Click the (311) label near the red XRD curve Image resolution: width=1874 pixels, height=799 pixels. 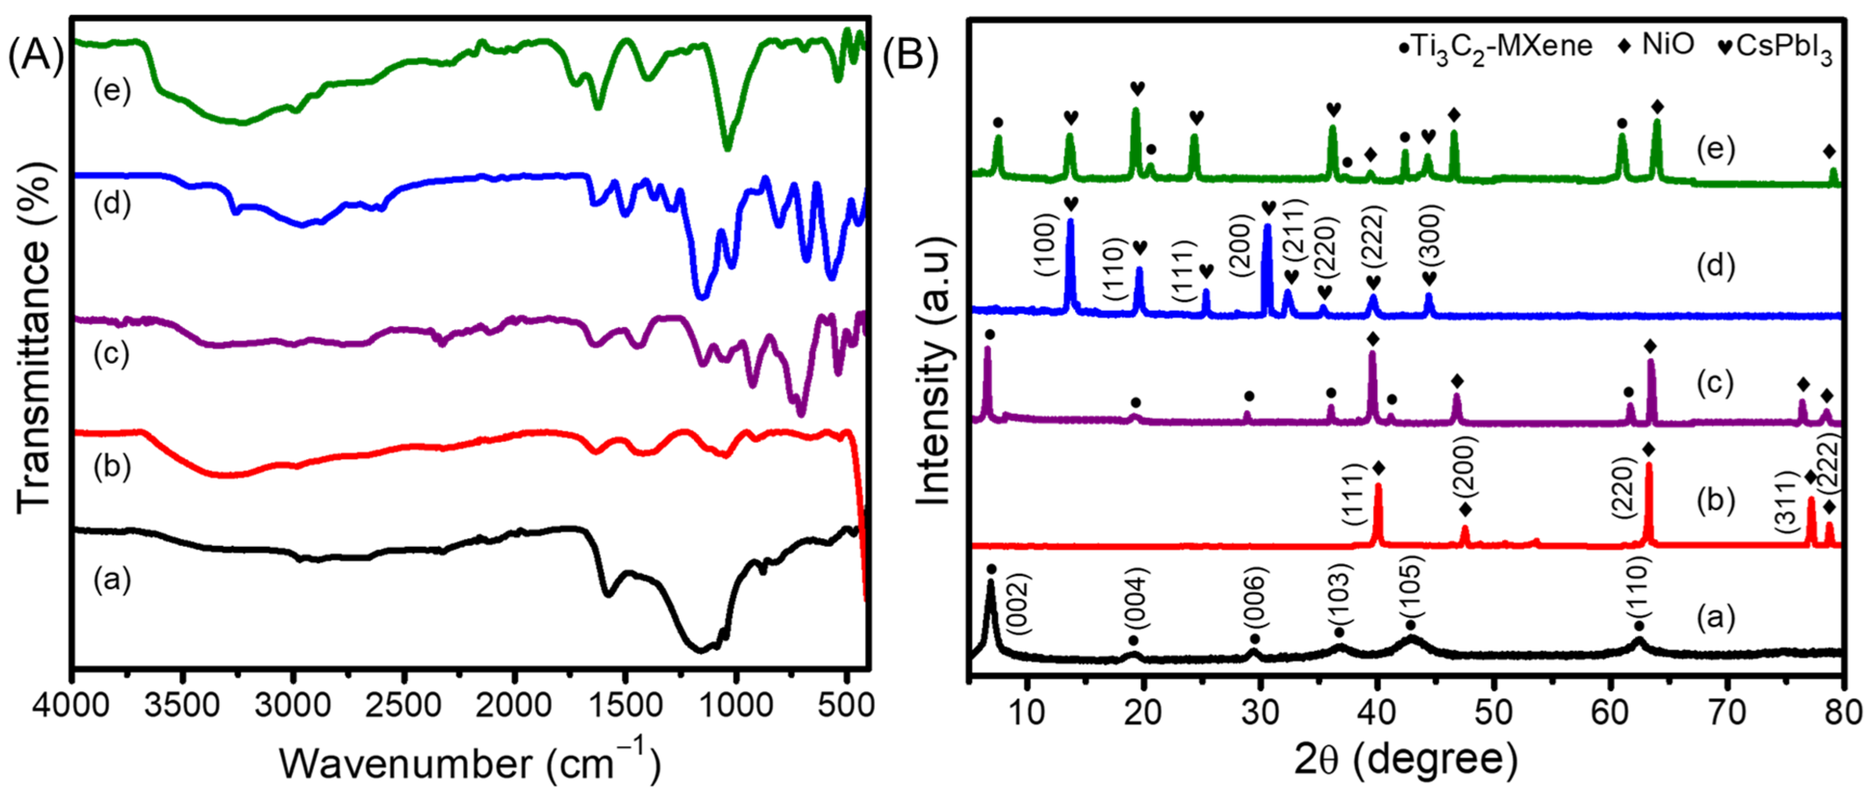[x=1786, y=502]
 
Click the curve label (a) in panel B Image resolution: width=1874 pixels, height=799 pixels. [x=1715, y=617]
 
